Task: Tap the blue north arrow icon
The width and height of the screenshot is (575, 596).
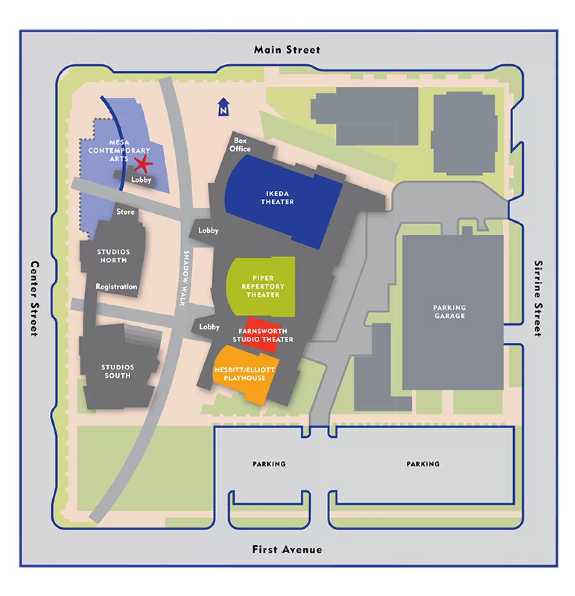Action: tap(223, 107)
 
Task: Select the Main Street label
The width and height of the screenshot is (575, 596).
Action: tap(287, 50)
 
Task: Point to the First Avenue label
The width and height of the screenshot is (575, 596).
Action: tap(287, 550)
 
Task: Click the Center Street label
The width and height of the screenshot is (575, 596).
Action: tap(34, 298)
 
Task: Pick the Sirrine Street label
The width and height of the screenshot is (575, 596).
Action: tap(539, 298)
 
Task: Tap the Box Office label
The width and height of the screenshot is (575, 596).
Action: tap(240, 145)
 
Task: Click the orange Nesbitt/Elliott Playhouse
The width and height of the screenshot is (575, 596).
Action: tap(244, 374)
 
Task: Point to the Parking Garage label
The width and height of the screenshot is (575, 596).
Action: tap(449, 311)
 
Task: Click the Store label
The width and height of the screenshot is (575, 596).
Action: tap(126, 211)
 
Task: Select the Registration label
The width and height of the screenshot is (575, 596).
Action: tap(116, 287)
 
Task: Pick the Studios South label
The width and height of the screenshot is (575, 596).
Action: tap(117, 371)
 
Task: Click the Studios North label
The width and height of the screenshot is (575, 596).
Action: tap(114, 256)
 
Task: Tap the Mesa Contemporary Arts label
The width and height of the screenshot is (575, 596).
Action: tap(119, 150)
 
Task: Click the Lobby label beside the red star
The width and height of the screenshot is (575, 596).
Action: tap(141, 180)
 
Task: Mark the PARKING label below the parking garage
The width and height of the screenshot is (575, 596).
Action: tap(423, 464)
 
